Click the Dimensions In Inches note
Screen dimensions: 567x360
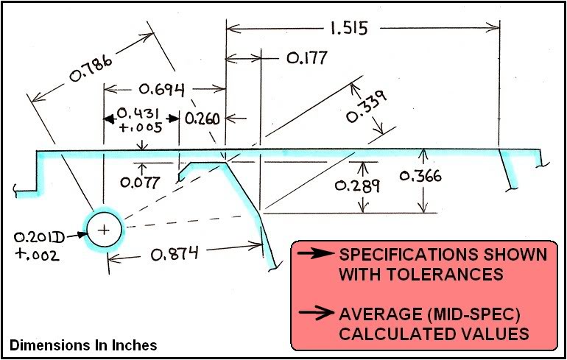coord(82,345)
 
